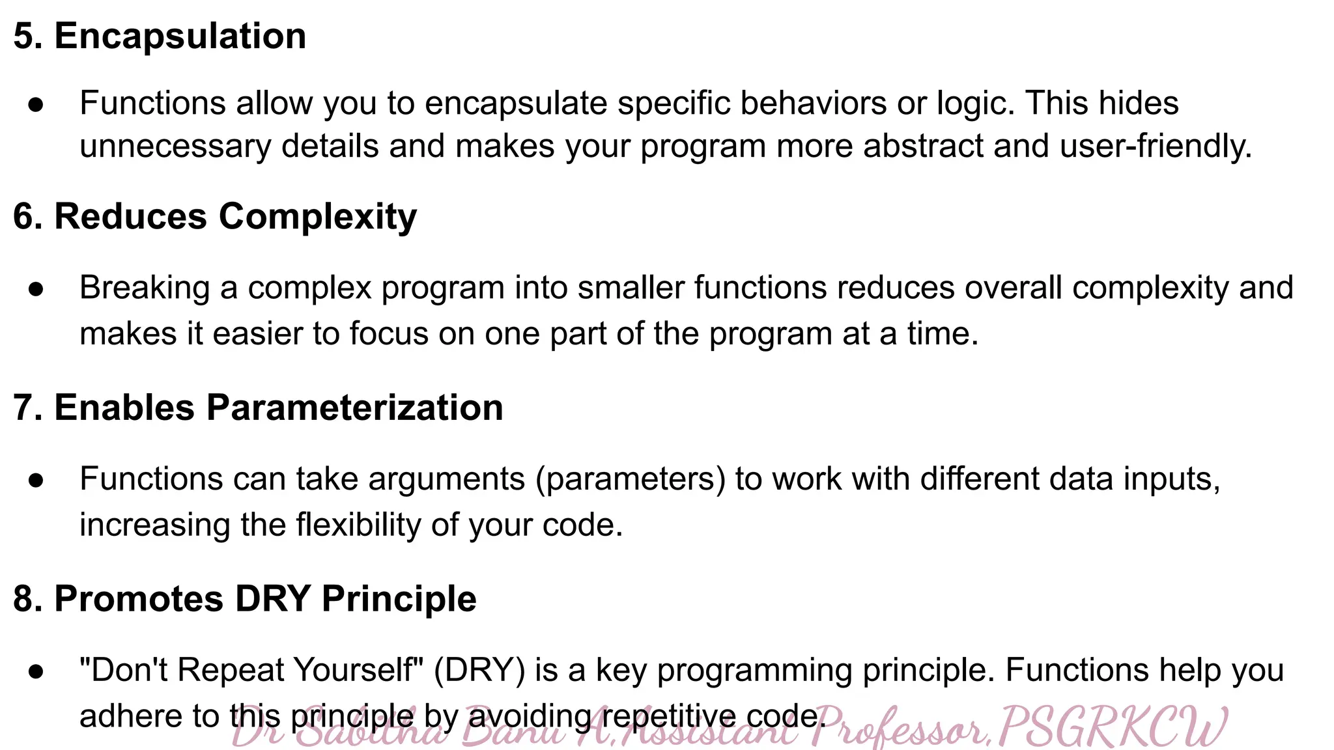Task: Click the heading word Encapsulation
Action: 180,36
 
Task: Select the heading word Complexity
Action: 317,217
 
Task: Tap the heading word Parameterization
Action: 354,408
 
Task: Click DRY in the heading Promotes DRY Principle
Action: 272,599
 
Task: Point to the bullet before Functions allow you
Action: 36,104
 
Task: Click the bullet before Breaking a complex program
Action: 36,288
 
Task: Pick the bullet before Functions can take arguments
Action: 36,480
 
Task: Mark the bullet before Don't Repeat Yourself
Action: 36,671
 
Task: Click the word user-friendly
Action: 1156,146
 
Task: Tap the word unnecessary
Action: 175,146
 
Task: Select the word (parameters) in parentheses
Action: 631,479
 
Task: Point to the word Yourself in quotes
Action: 360,670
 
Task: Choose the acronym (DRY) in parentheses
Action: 479,670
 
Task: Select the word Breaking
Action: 145,288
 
